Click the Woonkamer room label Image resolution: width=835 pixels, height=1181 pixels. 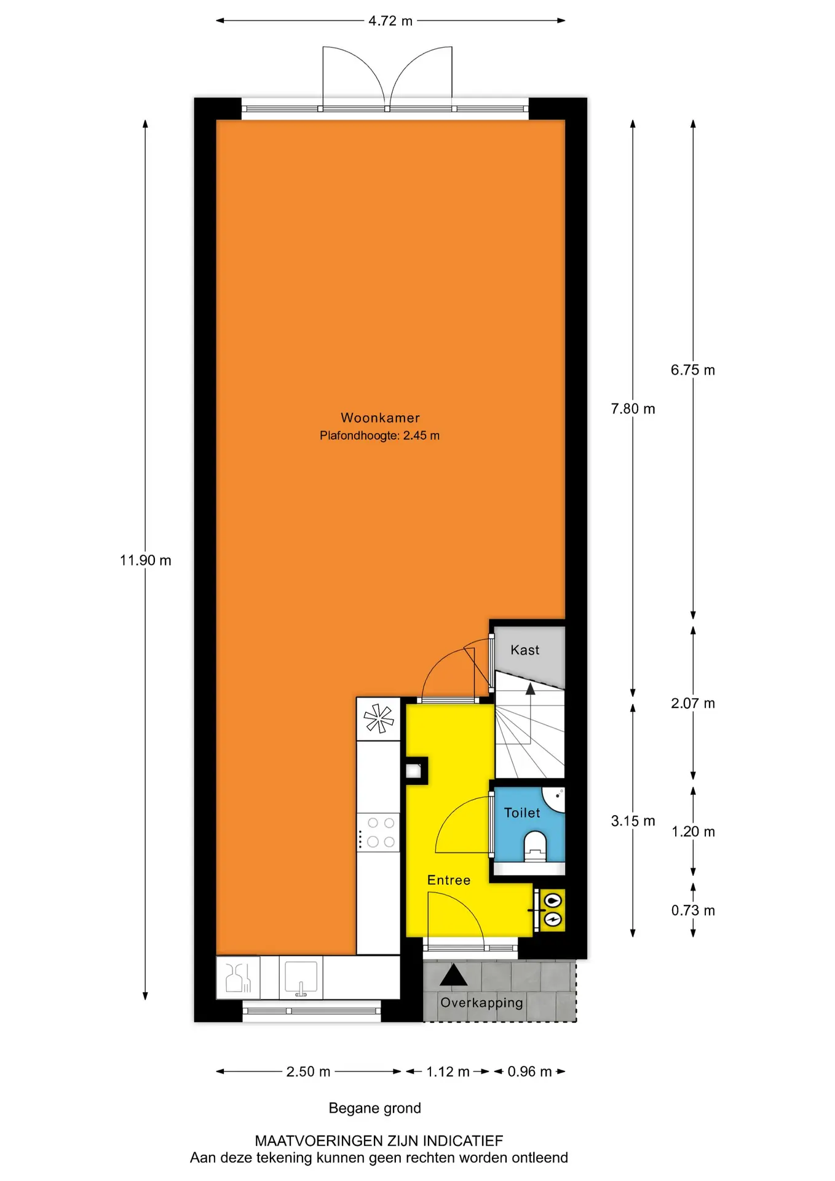pyautogui.click(x=380, y=418)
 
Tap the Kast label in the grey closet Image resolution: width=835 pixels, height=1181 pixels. pyautogui.click(x=524, y=650)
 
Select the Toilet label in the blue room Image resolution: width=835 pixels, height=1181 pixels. pyautogui.click(x=522, y=813)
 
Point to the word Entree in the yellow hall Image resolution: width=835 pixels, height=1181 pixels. pyautogui.click(x=449, y=880)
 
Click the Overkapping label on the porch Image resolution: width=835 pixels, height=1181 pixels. pyautogui.click(x=481, y=1003)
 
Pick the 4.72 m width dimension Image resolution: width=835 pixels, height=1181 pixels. pyautogui.click(x=390, y=21)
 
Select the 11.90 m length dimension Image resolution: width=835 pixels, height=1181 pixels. pyautogui.click(x=145, y=560)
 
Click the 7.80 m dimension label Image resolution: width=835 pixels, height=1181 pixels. pyautogui.click(x=633, y=408)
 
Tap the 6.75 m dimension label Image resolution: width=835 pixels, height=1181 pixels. pyautogui.click(x=693, y=370)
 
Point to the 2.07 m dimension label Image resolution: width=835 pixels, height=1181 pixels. pyautogui.click(x=693, y=703)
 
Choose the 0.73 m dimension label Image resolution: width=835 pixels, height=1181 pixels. pyautogui.click(x=693, y=910)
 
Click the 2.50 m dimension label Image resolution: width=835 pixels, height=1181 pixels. pyautogui.click(x=308, y=1072)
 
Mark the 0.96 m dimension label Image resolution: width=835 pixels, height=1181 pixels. pyautogui.click(x=529, y=1072)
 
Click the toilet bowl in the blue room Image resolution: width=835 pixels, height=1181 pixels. pyautogui.click(x=535, y=846)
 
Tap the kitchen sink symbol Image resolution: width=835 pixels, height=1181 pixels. pyautogui.click(x=301, y=977)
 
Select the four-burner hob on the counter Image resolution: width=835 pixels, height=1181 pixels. pyautogui.click(x=379, y=832)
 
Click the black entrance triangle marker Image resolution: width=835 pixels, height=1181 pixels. pyautogui.click(x=453, y=975)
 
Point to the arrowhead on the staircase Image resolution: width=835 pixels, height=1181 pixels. pyautogui.click(x=530, y=689)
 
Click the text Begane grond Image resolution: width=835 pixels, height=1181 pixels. pyautogui.click(x=375, y=1108)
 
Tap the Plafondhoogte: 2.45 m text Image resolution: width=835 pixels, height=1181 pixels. pyautogui.click(x=379, y=435)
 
